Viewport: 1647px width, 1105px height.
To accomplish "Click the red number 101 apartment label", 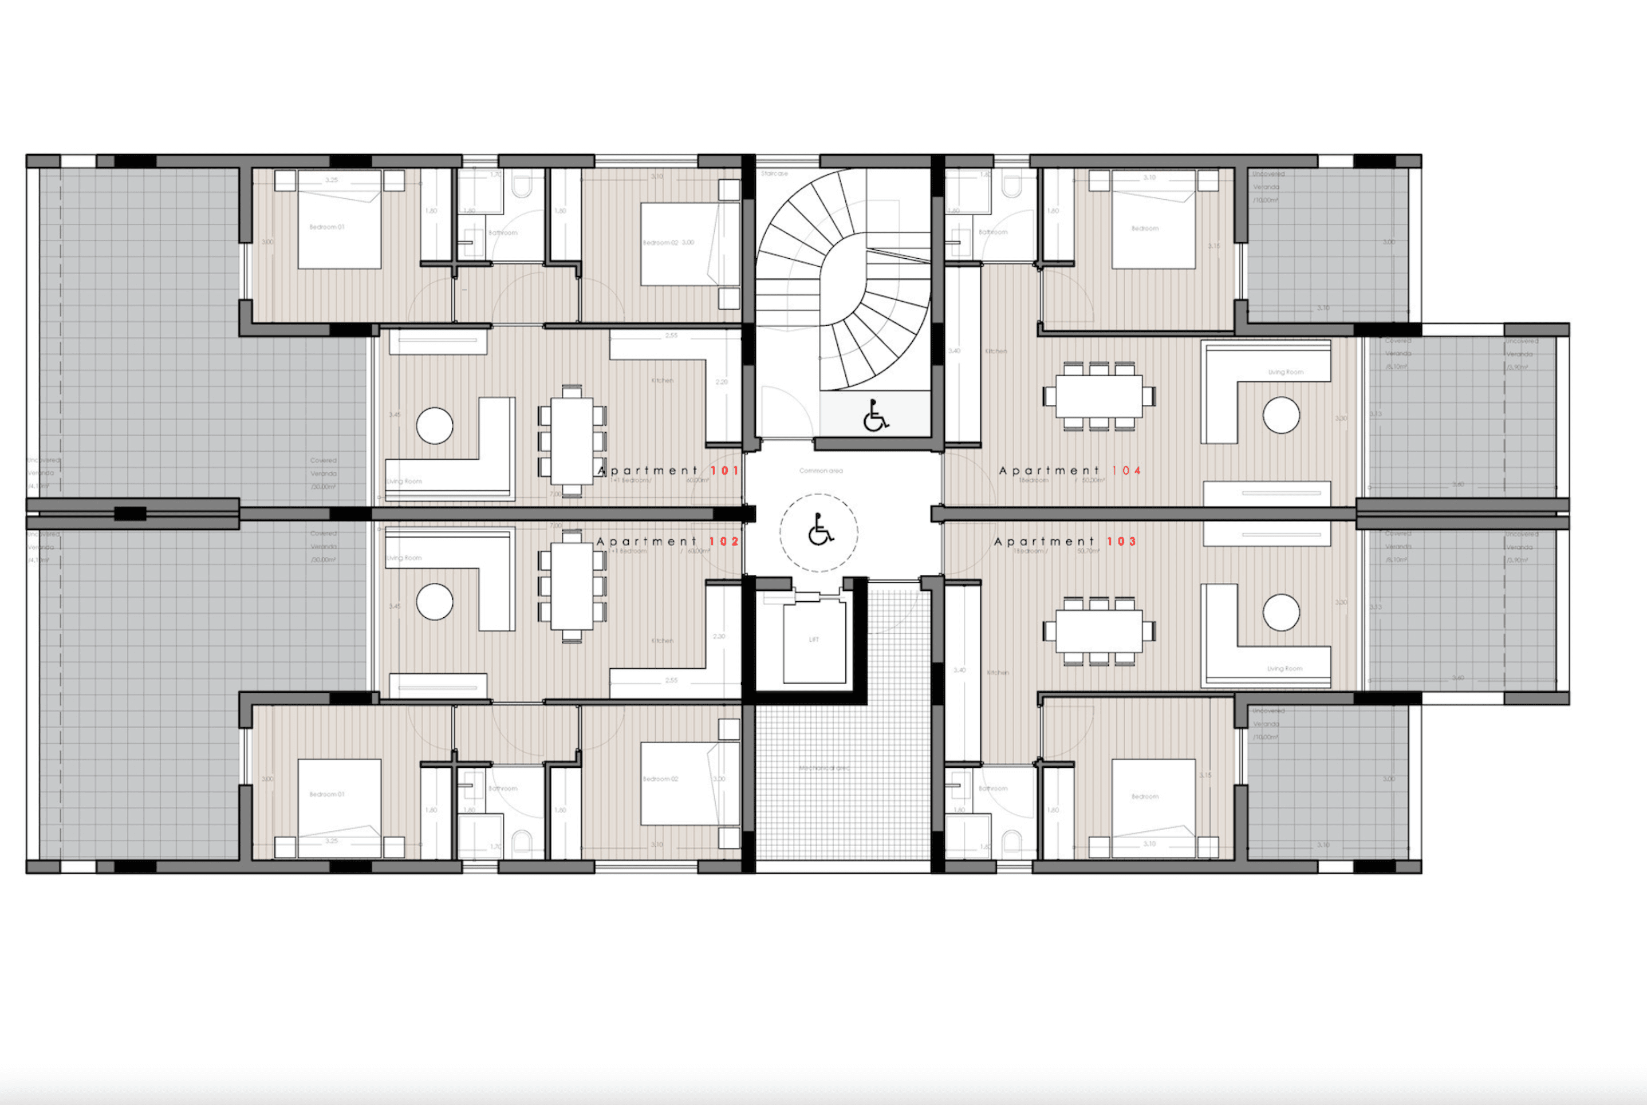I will click(724, 470).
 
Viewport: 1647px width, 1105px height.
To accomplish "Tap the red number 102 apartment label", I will click(724, 541).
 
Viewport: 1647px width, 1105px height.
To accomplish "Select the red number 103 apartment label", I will click(1122, 541).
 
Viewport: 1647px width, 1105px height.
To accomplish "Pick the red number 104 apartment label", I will click(1127, 470).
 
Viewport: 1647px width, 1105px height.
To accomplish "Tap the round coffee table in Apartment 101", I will click(435, 425).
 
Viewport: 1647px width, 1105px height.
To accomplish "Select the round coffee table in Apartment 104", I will click(1281, 415).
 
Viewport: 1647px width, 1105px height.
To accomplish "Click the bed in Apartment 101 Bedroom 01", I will click(339, 220).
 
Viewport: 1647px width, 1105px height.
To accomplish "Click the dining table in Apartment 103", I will click(1099, 632).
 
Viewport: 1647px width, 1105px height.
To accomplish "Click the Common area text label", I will click(821, 471).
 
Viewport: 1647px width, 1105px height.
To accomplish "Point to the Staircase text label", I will click(774, 173).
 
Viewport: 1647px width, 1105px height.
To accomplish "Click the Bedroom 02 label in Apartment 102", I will click(660, 779).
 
